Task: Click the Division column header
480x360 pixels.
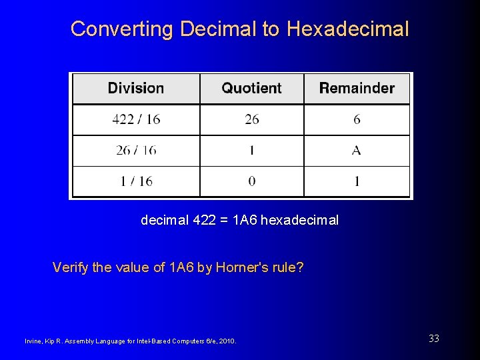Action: tap(136, 88)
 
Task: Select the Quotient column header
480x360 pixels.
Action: tap(251, 88)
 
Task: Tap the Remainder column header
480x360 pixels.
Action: tap(357, 88)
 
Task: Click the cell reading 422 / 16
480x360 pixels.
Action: tap(136, 120)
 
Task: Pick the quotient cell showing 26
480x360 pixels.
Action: tap(252, 120)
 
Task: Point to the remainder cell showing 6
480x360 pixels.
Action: tap(357, 120)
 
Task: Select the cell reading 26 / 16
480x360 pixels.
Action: tap(136, 151)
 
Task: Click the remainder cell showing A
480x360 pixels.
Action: tap(357, 151)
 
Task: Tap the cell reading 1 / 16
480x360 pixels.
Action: tap(136, 181)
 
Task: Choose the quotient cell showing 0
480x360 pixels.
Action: tap(252, 181)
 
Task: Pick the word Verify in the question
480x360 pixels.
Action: tap(69, 268)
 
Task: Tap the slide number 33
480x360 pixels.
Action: tap(434, 339)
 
